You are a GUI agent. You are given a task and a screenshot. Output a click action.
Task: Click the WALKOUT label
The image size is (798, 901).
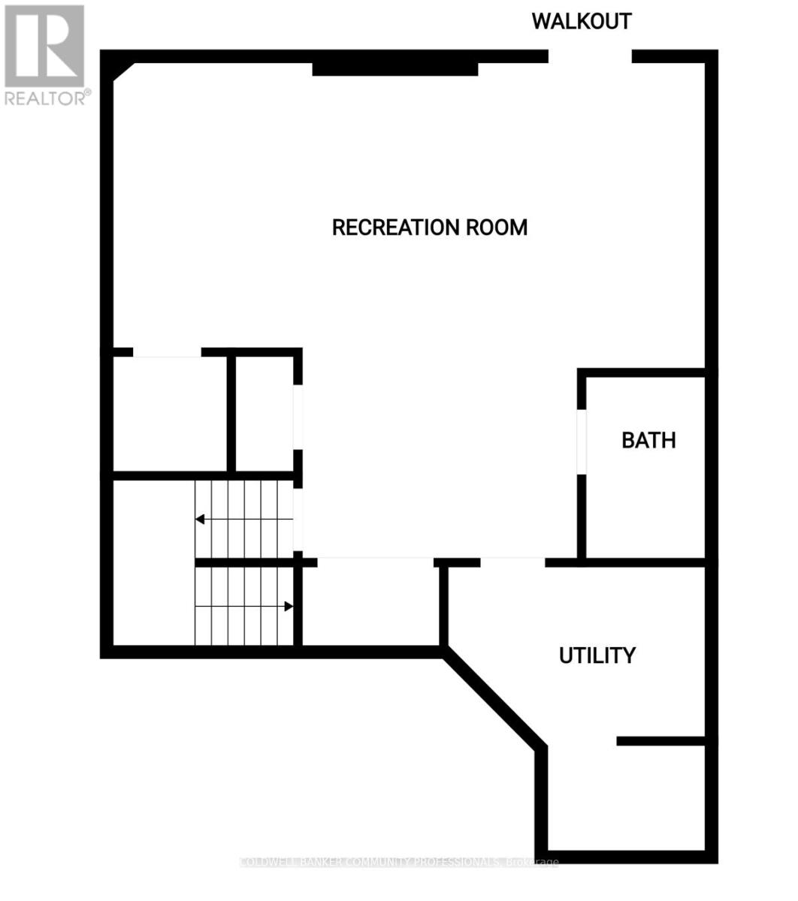coord(582,21)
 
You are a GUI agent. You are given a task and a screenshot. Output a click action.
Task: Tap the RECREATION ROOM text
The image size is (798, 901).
coord(429,227)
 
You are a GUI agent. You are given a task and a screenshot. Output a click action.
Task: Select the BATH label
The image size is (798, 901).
coord(648,440)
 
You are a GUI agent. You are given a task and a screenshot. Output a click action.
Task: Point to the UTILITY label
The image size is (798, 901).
coord(597,655)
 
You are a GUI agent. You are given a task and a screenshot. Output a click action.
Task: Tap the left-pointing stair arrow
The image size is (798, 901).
coord(201,519)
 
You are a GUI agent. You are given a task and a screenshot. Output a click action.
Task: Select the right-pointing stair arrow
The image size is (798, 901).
coord(288,606)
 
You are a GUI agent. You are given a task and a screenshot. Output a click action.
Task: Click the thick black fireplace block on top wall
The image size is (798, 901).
coord(395,69)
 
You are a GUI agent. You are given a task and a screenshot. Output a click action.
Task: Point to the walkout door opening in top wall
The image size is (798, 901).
coord(590,56)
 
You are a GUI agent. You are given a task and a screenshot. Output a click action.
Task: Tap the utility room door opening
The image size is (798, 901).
coord(512,562)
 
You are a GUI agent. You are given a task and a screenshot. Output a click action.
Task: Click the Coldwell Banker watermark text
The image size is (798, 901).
coord(398,862)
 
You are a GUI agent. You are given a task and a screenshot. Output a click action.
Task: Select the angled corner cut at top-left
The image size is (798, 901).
coord(122,71)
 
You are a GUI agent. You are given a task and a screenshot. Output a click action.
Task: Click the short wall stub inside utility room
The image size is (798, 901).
coord(660,740)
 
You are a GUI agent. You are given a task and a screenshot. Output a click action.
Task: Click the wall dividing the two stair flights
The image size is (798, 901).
coord(244,562)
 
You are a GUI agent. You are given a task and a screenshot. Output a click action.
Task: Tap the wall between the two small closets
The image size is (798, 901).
coord(231,413)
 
